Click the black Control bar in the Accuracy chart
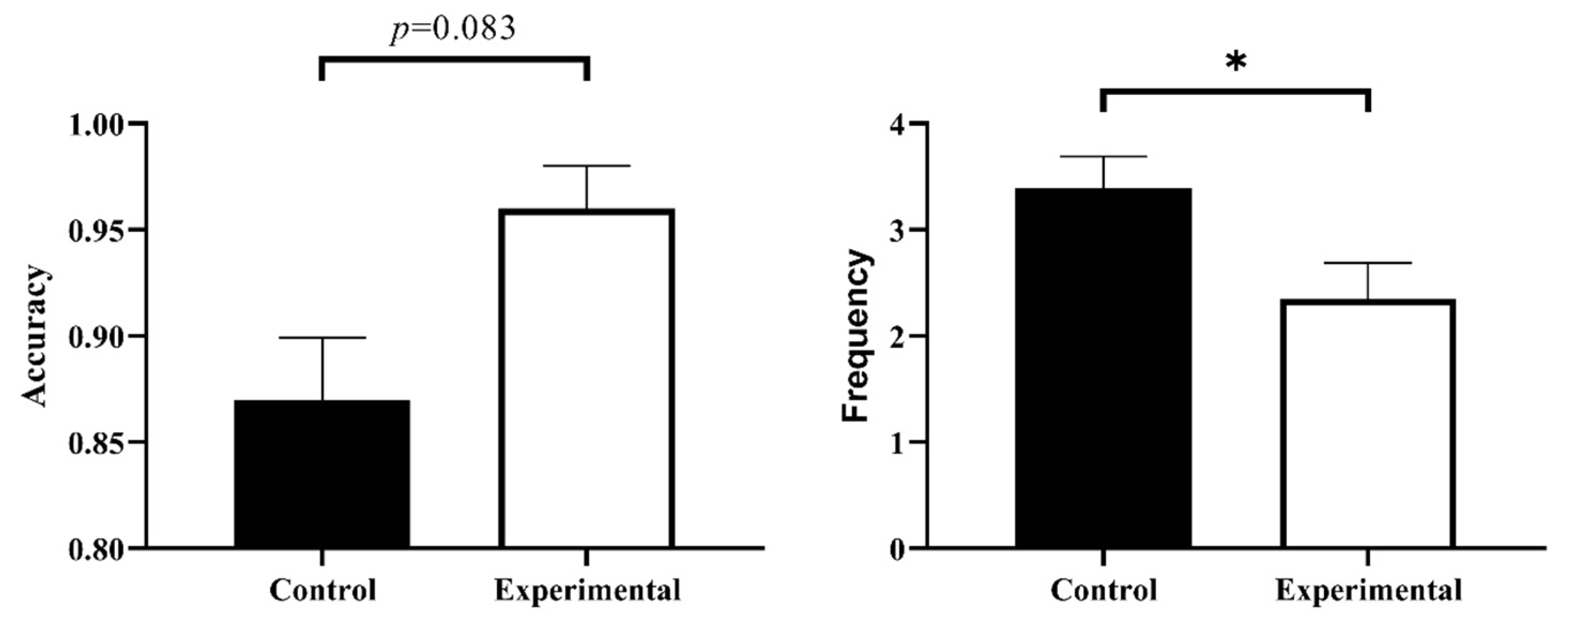[x=322, y=474]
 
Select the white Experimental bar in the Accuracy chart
[x=586, y=379]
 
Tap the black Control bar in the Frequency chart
[x=1103, y=367]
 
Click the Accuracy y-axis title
[x=35, y=336]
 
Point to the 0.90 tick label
[x=96, y=337]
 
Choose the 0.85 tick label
[x=96, y=443]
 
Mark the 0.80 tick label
[x=96, y=549]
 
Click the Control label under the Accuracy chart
[x=323, y=591]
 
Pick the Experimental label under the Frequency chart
[x=1369, y=591]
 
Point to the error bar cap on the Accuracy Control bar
[x=322, y=337]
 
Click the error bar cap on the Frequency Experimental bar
[x=1367, y=263]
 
